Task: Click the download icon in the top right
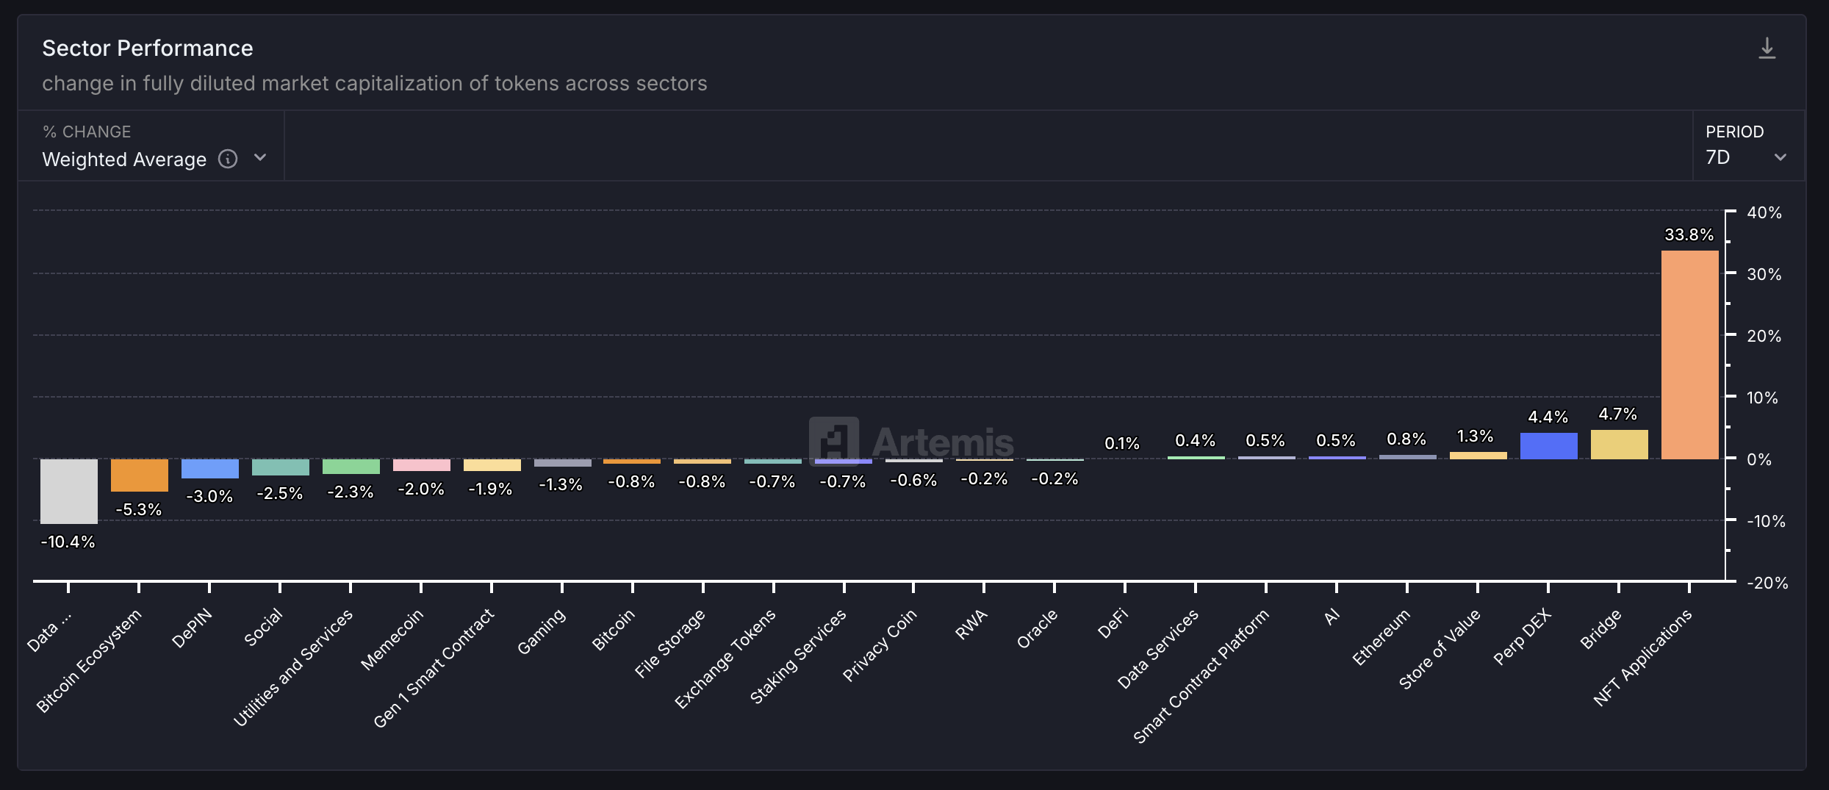click(x=1767, y=49)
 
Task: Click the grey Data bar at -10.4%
click(x=68, y=491)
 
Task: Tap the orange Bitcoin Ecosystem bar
click(x=139, y=475)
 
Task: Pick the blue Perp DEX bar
click(x=1548, y=446)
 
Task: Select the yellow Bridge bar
click(x=1619, y=445)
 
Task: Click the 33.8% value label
click(x=1689, y=234)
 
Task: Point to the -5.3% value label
click(x=139, y=509)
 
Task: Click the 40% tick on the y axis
click(x=1764, y=212)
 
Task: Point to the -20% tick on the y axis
click(x=1767, y=583)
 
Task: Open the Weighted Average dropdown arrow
click(x=260, y=158)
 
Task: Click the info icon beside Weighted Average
click(x=228, y=159)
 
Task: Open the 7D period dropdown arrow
click(x=1780, y=157)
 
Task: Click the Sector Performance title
click(x=147, y=48)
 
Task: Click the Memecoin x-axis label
click(x=392, y=639)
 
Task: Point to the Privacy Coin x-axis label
click(x=880, y=645)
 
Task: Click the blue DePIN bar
click(x=209, y=469)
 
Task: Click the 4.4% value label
click(x=1548, y=417)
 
